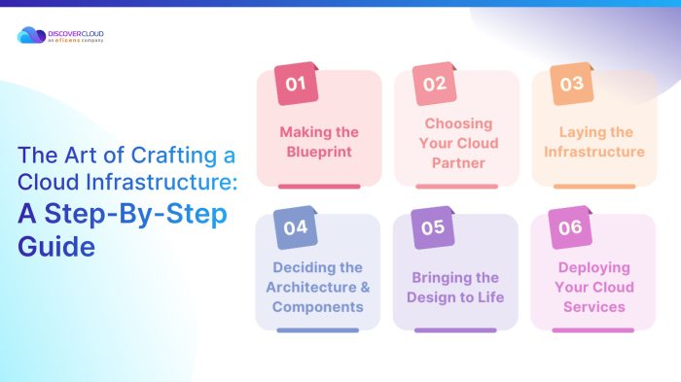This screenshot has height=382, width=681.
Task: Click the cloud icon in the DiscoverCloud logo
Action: [x=28, y=36]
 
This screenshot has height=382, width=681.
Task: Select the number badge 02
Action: [x=434, y=84]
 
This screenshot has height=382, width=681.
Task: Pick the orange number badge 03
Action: [x=571, y=84]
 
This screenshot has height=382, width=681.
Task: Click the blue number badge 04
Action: [x=296, y=227]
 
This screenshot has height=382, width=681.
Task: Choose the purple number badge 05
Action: [x=434, y=227]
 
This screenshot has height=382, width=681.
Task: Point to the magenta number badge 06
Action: [x=571, y=227]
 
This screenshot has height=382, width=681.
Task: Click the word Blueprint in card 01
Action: [x=319, y=151]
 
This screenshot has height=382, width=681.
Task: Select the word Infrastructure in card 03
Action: [x=593, y=152]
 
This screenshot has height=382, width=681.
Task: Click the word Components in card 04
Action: [x=319, y=307]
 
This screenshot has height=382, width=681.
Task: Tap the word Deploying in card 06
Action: [x=593, y=267]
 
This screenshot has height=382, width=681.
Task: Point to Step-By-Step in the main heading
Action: [x=124, y=215]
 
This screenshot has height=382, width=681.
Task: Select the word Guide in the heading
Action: [x=56, y=247]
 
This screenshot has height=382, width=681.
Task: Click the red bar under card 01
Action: [x=319, y=186]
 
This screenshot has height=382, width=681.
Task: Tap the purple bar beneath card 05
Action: [x=456, y=330]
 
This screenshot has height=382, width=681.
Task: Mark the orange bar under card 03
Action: [x=593, y=186]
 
